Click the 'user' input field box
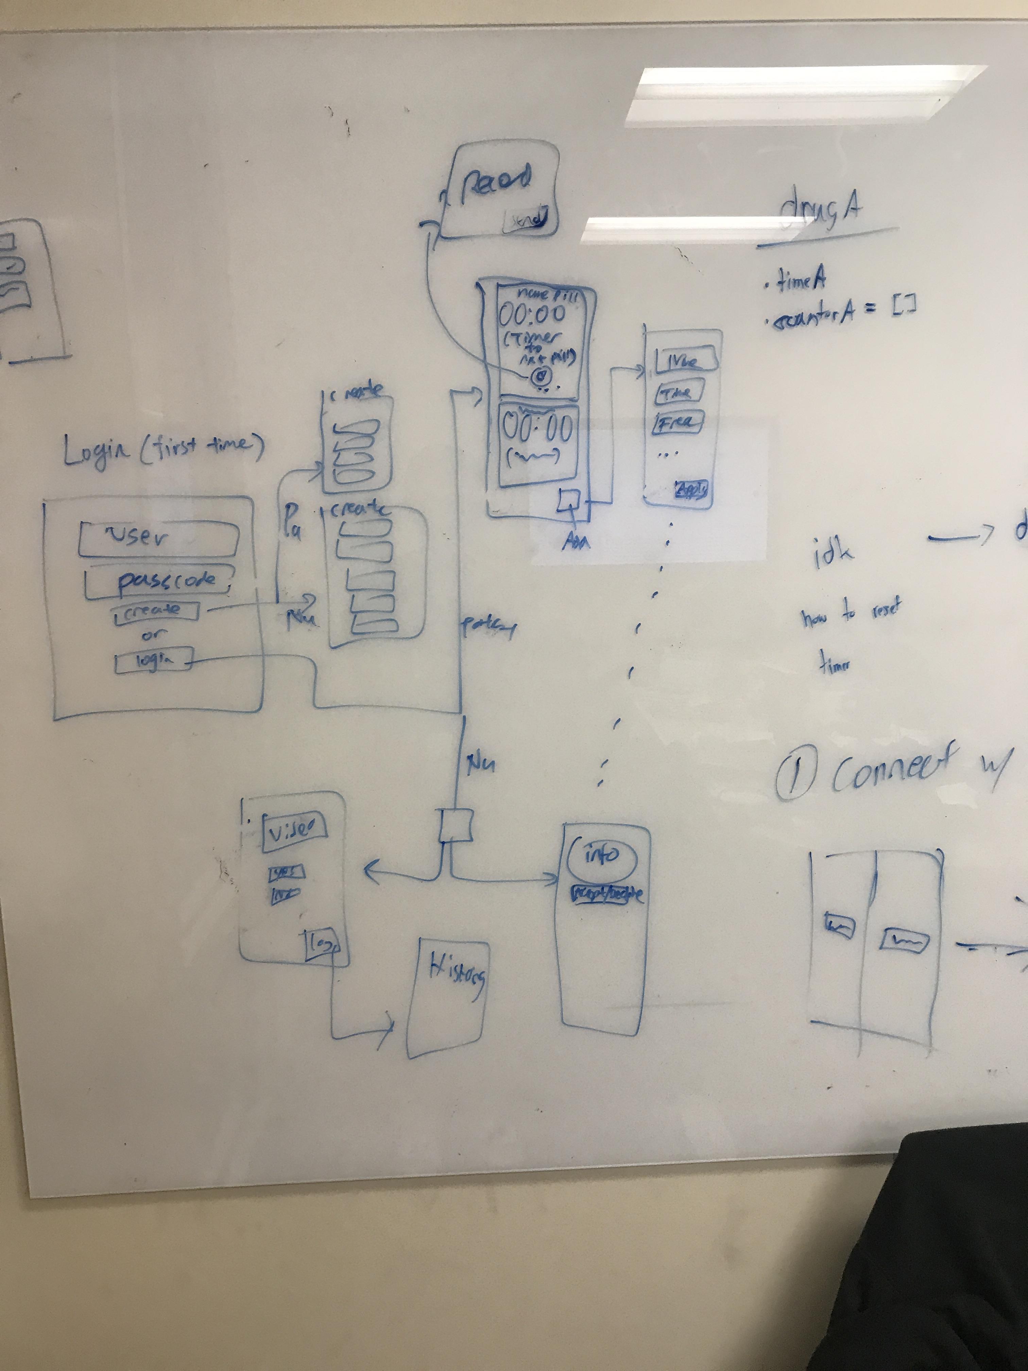tap(159, 538)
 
